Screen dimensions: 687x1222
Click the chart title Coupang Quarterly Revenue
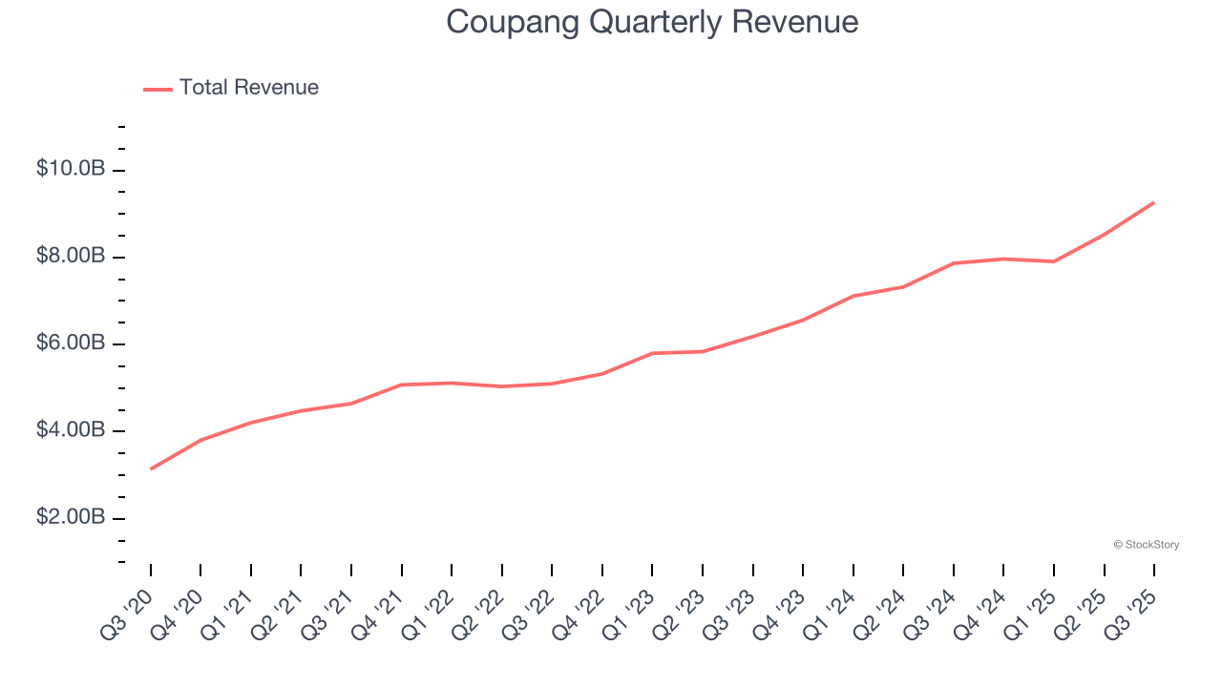[652, 22]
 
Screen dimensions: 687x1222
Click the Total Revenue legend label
[248, 88]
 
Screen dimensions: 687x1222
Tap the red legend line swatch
[158, 89]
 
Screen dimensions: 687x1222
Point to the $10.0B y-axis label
[71, 169]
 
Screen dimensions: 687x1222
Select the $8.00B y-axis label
[71, 257]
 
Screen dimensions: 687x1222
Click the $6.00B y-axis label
[71, 343]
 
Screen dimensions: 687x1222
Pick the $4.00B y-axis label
[71, 430]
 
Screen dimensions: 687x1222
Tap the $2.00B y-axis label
[71, 517]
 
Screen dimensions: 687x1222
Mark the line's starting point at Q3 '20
[151, 468]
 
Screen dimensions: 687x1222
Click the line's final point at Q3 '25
[1154, 202]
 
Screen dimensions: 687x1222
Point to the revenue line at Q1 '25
[1054, 261]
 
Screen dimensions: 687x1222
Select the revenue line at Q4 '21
[402, 385]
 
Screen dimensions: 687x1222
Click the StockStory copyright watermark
[1146, 545]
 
